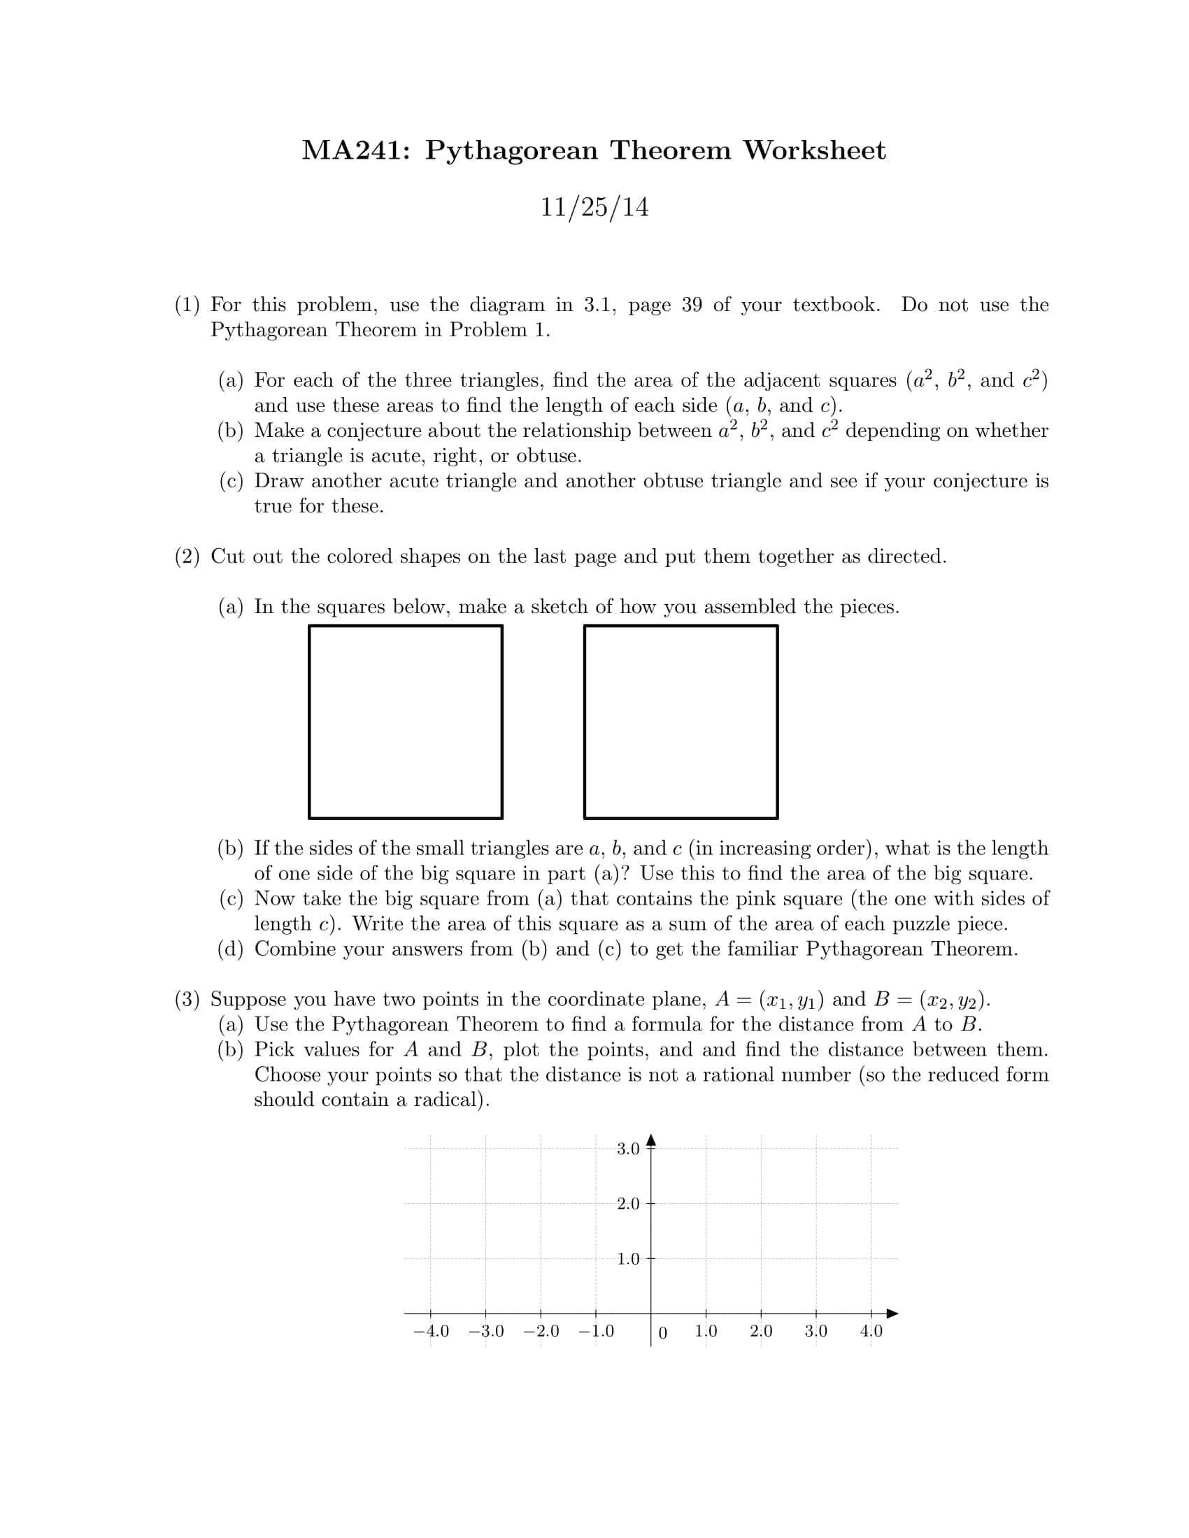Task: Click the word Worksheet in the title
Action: (814, 150)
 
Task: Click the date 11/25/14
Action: (594, 207)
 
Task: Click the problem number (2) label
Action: (187, 556)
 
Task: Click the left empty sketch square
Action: (405, 722)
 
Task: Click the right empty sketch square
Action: (681, 722)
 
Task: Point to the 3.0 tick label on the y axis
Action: (627, 1149)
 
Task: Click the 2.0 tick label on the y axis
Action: (627, 1204)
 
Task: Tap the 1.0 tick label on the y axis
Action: (627, 1258)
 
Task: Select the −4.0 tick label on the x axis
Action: (430, 1331)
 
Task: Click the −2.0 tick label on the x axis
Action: (541, 1331)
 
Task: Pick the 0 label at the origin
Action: (662, 1332)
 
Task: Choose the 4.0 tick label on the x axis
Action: (871, 1331)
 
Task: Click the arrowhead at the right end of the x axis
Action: (892, 1313)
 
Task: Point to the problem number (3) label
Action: (187, 999)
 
